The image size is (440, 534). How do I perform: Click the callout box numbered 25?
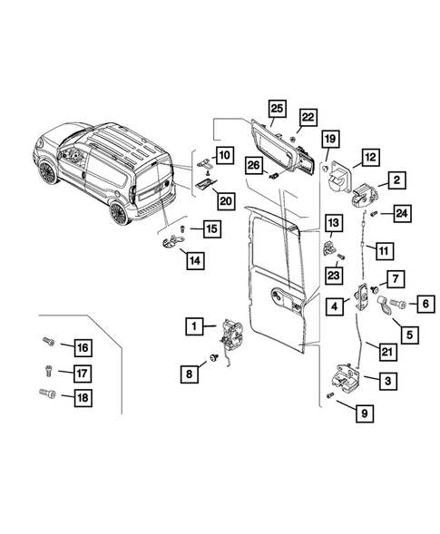coord(277,110)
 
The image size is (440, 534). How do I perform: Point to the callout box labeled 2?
coord(397,181)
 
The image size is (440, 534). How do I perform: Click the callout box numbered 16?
coord(82,348)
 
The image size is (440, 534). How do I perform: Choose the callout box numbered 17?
coord(82,371)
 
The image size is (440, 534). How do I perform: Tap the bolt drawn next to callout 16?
coord(48,344)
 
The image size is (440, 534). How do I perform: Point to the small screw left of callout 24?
coord(373,213)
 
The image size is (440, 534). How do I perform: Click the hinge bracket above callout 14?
coord(174,242)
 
